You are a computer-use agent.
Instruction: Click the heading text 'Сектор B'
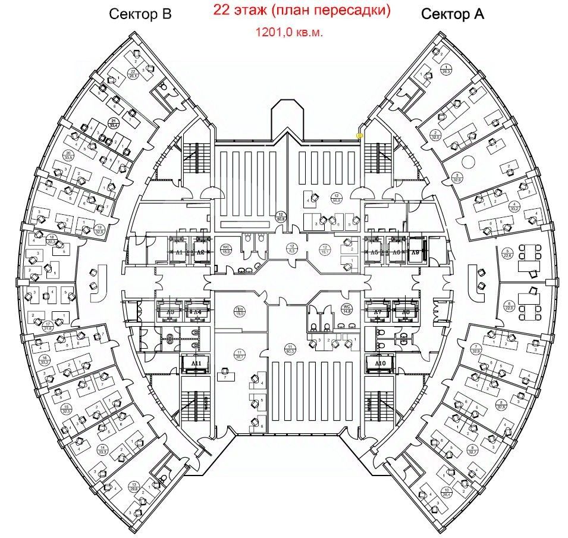point(140,15)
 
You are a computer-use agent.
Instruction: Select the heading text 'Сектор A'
point(452,15)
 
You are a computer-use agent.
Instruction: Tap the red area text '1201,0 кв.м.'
point(289,33)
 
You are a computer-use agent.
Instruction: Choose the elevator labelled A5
point(374,251)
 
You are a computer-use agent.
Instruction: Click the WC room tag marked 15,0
point(225,249)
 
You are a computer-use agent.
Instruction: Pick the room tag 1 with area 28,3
point(447,70)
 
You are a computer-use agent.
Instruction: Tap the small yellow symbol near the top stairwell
point(360,136)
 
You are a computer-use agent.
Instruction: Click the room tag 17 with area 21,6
point(48,325)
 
